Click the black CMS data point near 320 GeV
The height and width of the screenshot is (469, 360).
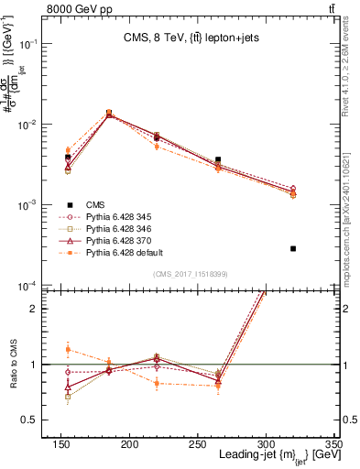coord(293,248)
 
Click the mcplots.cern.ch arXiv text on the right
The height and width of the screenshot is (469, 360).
coord(353,206)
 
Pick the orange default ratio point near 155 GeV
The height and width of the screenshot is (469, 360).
coord(68,349)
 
